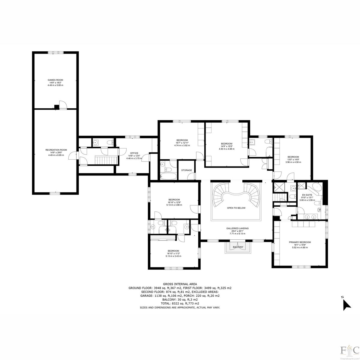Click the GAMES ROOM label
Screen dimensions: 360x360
[x=55, y=80]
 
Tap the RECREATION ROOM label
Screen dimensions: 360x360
[x=56, y=150]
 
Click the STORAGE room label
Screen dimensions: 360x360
[x=186, y=170]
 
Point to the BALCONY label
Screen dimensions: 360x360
[x=238, y=247]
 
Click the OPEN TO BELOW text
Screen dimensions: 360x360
[x=236, y=208]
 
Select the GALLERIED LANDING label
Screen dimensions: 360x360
[x=237, y=228]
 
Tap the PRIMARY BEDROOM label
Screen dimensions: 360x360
[x=300, y=242]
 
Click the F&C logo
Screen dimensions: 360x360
[x=350, y=349]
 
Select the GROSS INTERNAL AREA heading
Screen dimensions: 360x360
[x=180, y=284]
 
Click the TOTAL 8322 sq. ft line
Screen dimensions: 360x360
[x=180, y=303]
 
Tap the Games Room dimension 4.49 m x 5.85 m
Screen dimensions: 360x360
[x=55, y=85]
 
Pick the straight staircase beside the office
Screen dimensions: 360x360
[x=106, y=160]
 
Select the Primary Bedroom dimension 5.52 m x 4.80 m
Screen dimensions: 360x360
[x=300, y=247]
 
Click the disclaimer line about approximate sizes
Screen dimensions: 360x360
[x=180, y=307]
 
